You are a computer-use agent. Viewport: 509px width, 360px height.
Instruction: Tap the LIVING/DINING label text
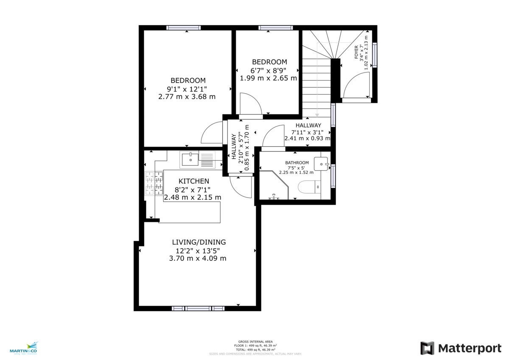[x=199, y=242]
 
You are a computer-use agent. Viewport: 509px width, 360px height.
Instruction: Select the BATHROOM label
[x=296, y=163]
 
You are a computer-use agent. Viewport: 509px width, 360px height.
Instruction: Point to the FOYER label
[x=356, y=54]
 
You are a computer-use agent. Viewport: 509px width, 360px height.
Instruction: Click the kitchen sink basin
[x=190, y=159]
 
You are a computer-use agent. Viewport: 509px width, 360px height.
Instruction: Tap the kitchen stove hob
[x=154, y=184]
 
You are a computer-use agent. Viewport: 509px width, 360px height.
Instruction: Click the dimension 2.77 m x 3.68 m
[x=187, y=97]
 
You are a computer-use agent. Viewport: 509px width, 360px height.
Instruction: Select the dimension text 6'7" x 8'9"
[x=269, y=70]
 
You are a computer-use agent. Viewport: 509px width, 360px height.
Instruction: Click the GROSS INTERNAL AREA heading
[x=255, y=341]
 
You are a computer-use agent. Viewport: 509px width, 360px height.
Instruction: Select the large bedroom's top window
[x=183, y=28]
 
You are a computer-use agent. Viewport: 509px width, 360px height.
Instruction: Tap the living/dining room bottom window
[x=198, y=308]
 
